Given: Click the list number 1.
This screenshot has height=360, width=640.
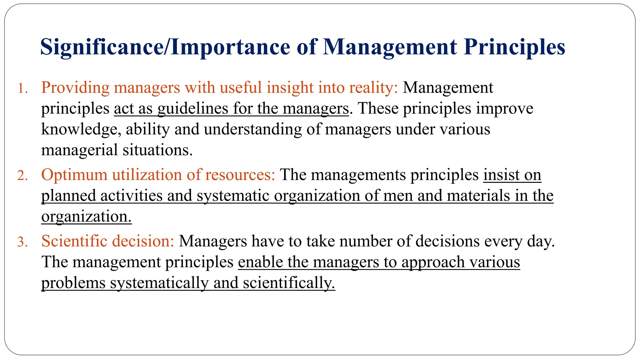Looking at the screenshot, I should pyautogui.click(x=22, y=88).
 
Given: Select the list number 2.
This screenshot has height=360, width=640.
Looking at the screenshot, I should pyautogui.click(x=22, y=176).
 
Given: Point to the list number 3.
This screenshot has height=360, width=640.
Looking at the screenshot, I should pyautogui.click(x=22, y=242).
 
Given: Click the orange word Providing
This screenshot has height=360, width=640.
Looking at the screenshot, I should pyautogui.click(x=75, y=87).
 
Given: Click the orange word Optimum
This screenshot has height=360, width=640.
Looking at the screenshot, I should pyautogui.click(x=74, y=175).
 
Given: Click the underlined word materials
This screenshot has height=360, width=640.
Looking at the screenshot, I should pyautogui.click(x=478, y=196).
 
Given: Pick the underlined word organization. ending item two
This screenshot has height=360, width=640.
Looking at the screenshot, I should pyautogui.click(x=86, y=217).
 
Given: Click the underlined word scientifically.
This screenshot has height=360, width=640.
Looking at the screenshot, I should pyautogui.click(x=289, y=283).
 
